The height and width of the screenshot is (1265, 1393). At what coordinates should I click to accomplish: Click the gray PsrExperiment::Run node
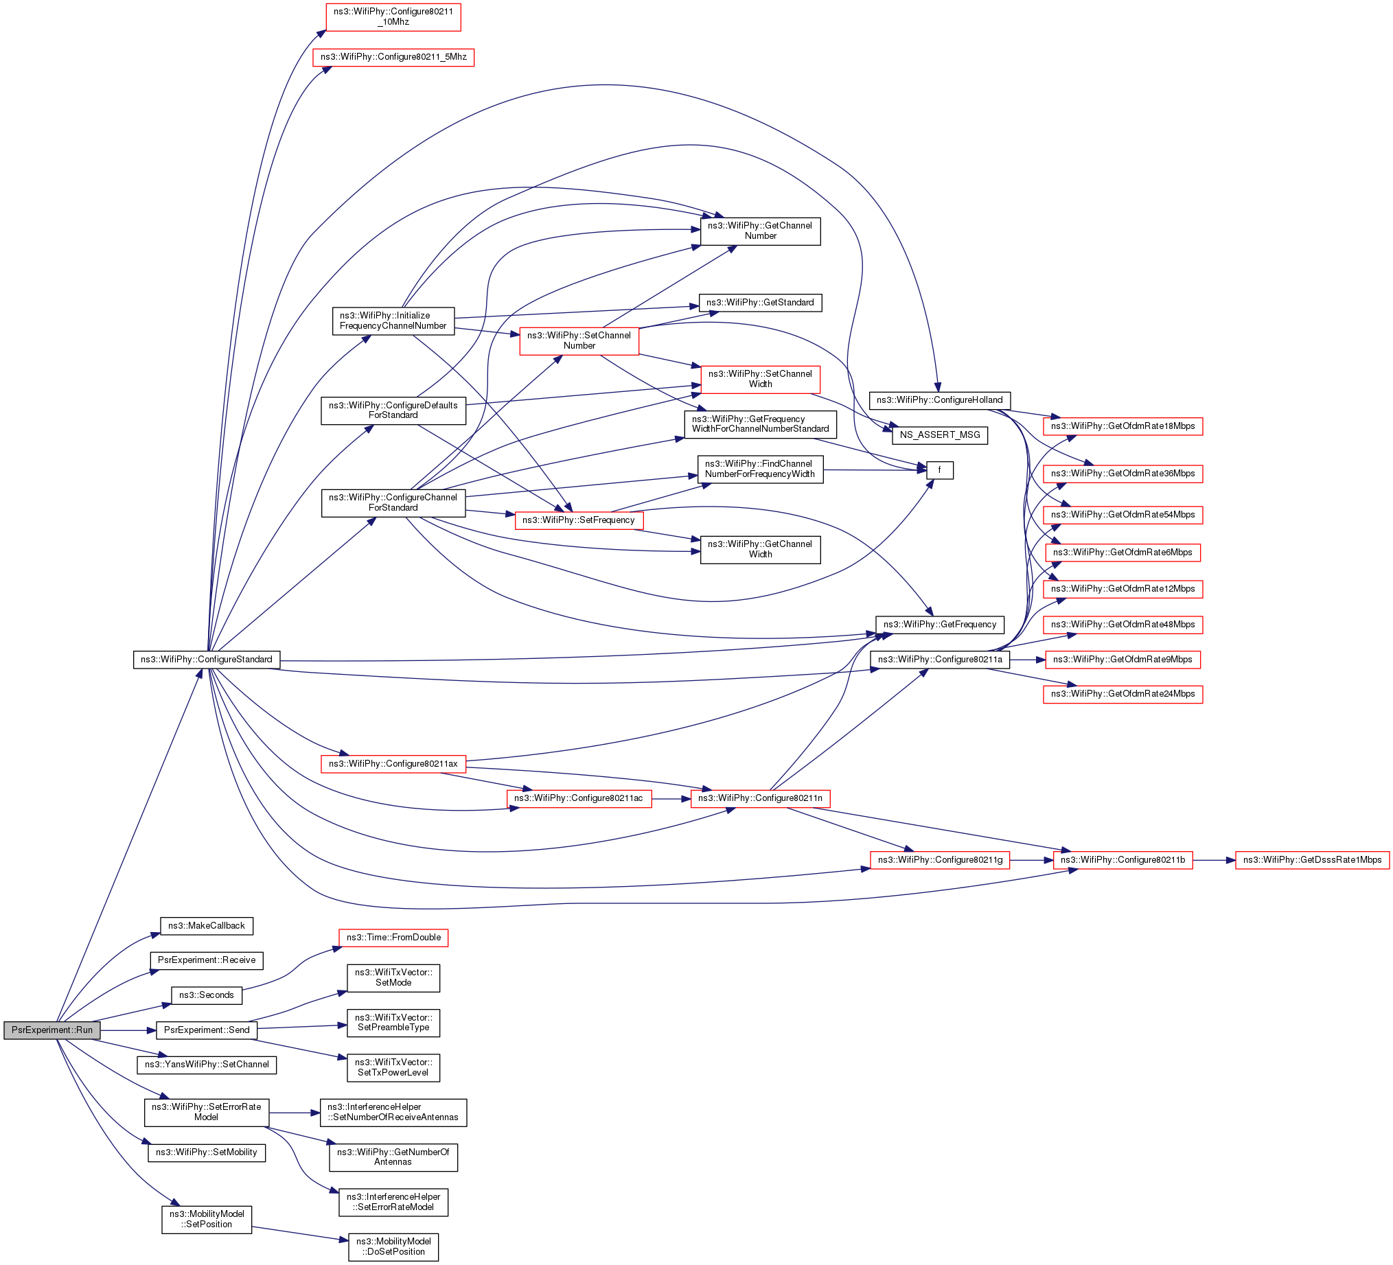51,1030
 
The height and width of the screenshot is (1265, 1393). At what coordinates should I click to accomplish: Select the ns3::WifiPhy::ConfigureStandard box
207,660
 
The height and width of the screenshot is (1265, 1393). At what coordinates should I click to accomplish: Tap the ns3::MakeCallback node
207,926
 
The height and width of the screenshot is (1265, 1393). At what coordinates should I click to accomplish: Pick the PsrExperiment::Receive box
207,960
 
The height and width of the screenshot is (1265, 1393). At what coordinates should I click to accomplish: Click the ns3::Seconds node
207,995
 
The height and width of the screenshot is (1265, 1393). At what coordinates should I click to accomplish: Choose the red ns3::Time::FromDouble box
393,938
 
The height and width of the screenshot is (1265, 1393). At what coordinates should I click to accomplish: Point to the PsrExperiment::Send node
207,1030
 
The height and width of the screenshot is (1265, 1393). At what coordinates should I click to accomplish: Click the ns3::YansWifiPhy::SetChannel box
207,1065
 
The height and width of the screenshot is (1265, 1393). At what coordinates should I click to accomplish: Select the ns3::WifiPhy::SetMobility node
207,1152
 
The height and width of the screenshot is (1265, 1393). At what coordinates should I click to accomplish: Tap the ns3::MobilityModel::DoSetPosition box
393,1246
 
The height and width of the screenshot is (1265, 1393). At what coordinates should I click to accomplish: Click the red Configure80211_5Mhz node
393,57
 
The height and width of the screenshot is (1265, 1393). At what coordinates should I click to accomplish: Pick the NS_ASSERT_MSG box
940,435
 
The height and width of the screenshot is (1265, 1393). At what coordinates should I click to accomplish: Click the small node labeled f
939,470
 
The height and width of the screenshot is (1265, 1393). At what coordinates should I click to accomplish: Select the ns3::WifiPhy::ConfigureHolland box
940,400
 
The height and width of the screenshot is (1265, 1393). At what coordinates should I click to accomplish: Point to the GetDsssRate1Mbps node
1311,860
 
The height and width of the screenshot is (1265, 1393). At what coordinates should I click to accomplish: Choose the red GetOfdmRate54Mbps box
1123,515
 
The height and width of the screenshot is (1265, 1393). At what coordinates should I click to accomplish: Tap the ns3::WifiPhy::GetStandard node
760,303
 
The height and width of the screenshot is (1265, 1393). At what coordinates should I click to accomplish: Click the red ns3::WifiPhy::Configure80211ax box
393,764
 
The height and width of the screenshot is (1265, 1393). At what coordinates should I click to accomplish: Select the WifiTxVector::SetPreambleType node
393,1023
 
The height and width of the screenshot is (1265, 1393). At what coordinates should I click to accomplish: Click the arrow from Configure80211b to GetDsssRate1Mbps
1213,860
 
